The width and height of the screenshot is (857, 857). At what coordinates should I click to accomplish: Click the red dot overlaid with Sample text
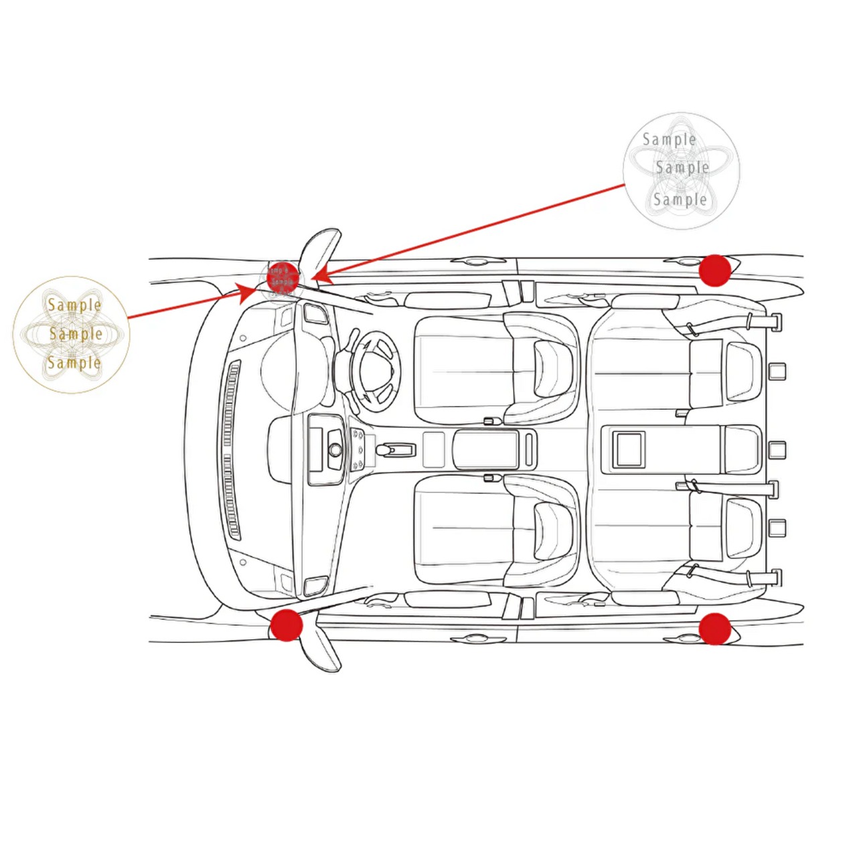tap(282, 277)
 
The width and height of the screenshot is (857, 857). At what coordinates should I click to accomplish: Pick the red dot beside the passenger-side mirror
tap(287, 625)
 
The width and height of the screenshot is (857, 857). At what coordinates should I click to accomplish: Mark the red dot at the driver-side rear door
tap(714, 270)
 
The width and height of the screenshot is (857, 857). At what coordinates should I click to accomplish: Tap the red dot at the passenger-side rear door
tap(714, 629)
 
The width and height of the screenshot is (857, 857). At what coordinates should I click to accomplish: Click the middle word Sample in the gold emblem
tap(76, 333)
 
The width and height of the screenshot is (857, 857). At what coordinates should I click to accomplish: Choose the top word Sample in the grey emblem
tap(669, 139)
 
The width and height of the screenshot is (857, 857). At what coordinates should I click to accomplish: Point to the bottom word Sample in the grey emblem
tap(680, 200)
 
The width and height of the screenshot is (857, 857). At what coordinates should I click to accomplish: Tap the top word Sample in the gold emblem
tap(74, 305)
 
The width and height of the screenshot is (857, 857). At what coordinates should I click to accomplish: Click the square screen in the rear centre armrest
tap(629, 449)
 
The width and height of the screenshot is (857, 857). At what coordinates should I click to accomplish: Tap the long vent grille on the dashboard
tap(230, 449)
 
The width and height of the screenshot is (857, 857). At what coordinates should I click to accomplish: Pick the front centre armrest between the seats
tap(485, 449)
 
